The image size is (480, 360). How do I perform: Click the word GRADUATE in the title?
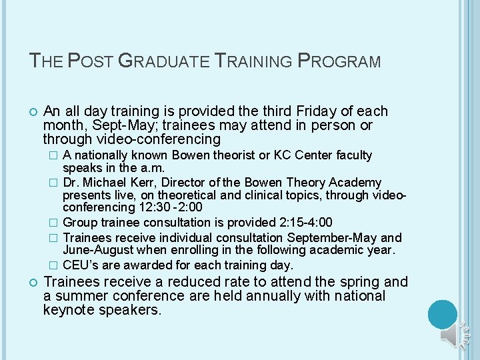click(x=163, y=62)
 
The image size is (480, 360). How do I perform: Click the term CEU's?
click(x=81, y=265)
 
